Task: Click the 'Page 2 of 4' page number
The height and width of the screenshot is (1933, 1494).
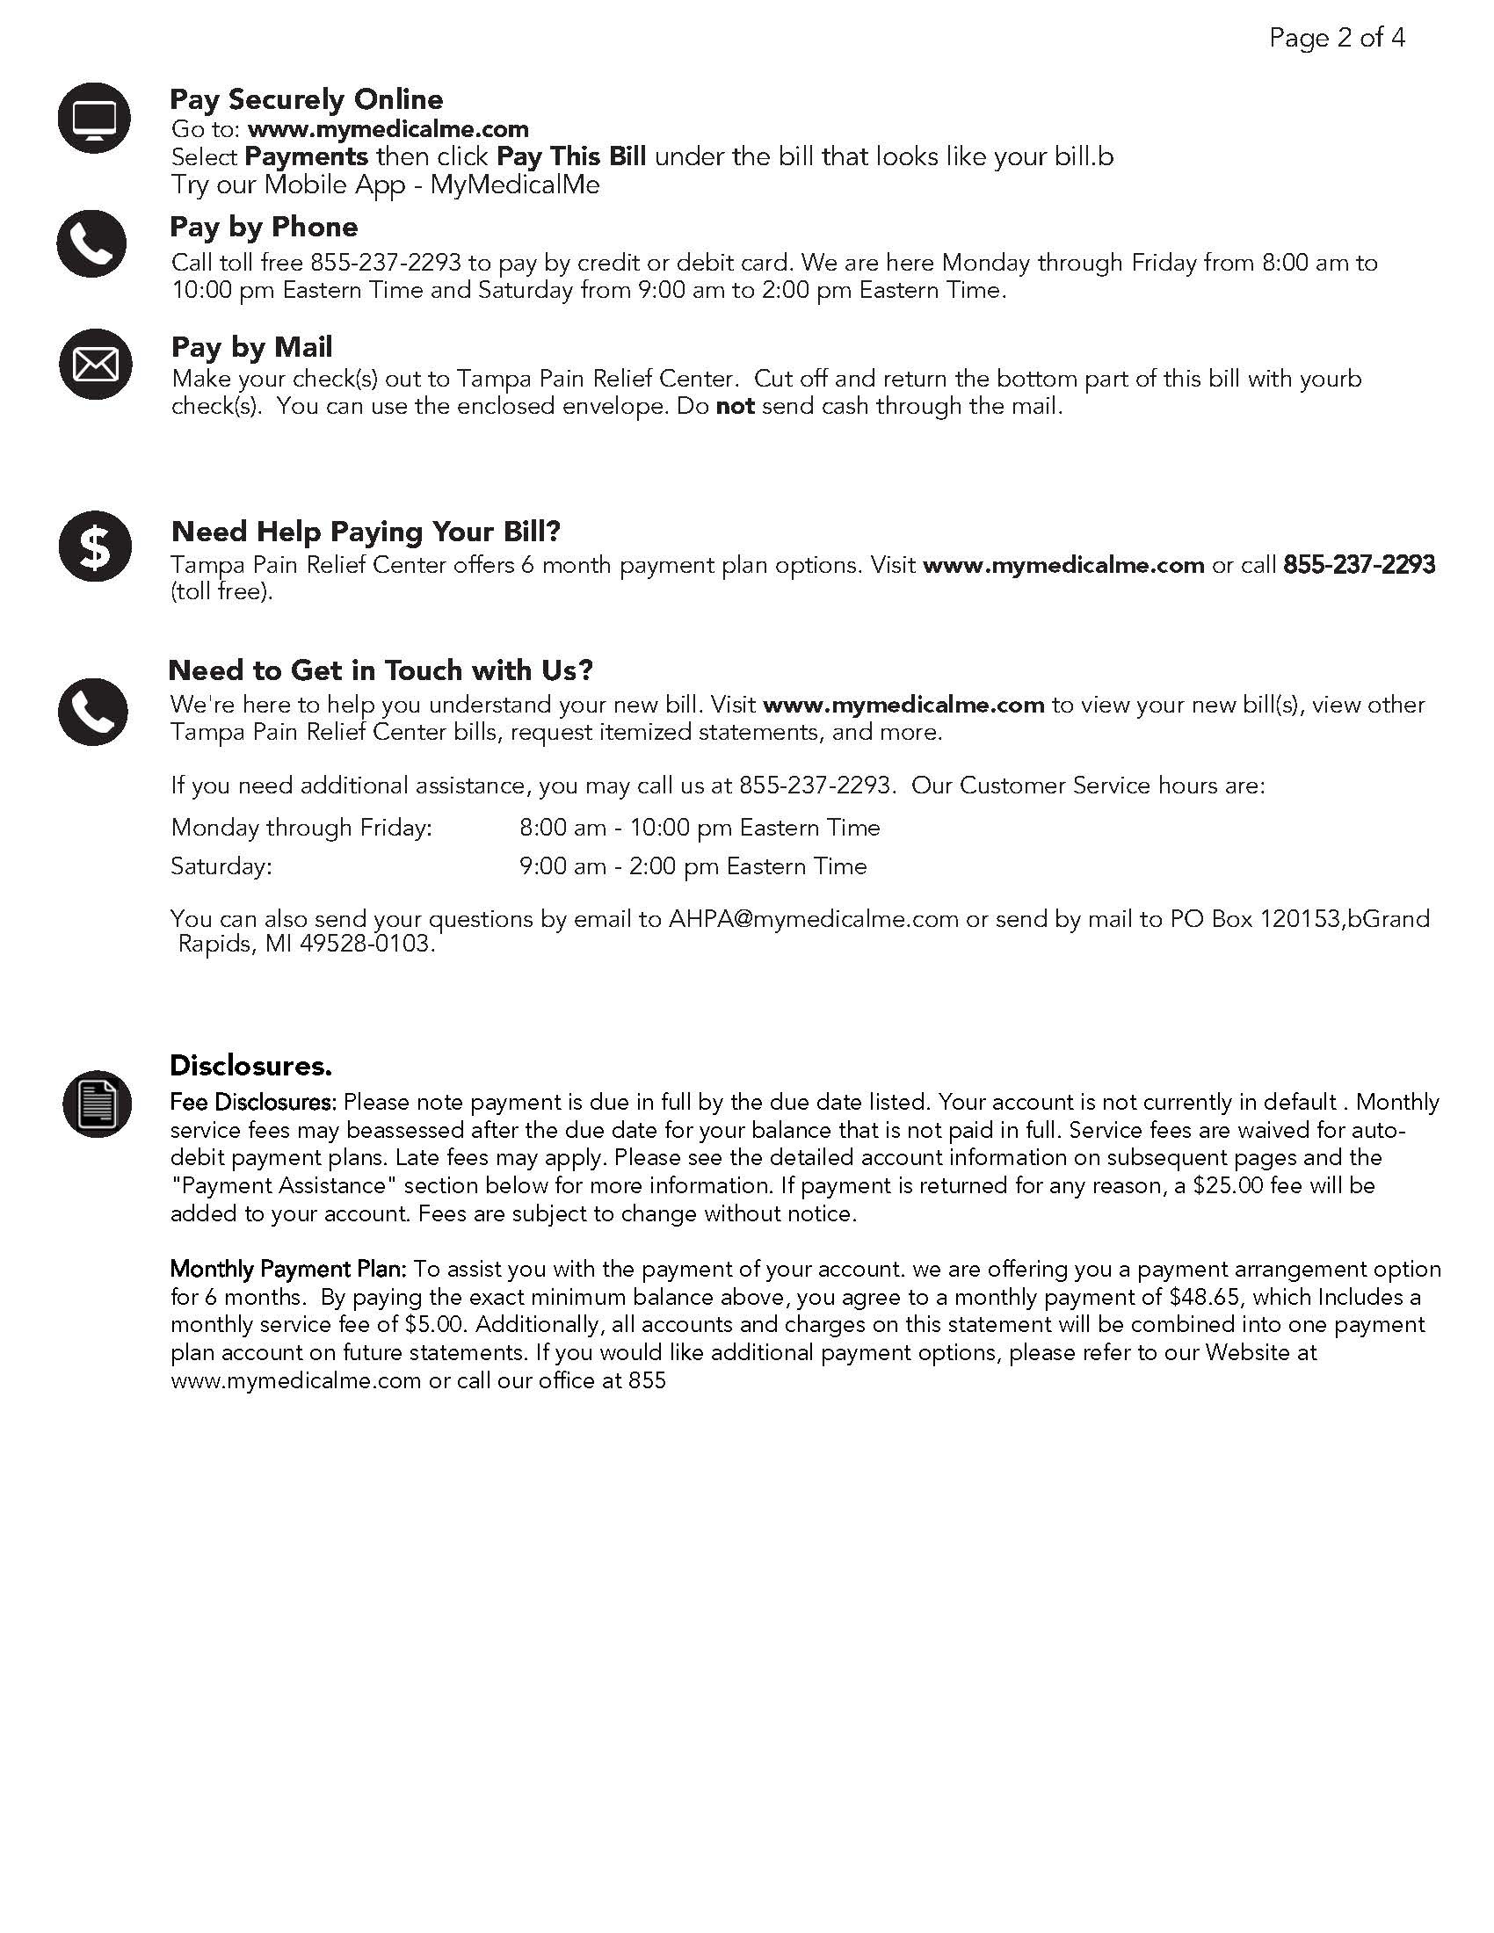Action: click(x=1337, y=38)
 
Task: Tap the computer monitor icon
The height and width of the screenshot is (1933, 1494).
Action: click(x=94, y=118)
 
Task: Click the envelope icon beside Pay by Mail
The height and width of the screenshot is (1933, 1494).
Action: click(x=95, y=364)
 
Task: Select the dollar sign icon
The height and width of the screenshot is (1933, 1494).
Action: click(x=95, y=547)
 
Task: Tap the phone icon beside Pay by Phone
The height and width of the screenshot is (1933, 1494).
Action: click(x=92, y=243)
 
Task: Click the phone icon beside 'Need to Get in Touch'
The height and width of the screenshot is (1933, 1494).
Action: click(x=93, y=712)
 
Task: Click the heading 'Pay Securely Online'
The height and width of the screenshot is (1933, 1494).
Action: click(x=306, y=99)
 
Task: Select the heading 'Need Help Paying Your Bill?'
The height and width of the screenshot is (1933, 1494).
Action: click(x=366, y=531)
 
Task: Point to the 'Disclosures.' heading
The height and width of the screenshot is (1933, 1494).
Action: click(x=250, y=1066)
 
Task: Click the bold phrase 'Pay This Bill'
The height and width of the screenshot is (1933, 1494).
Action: click(x=571, y=156)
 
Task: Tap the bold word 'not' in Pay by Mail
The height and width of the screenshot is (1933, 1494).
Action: click(x=735, y=406)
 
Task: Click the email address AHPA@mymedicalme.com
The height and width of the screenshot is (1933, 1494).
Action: click(x=813, y=919)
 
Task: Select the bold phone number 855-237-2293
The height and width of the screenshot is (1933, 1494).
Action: click(x=1359, y=565)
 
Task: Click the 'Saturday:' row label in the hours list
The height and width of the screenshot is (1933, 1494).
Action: click(x=221, y=866)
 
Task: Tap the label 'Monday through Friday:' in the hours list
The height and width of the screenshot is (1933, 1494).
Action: click(x=301, y=828)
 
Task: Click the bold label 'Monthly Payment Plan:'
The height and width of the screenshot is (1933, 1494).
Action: click(x=287, y=1270)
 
